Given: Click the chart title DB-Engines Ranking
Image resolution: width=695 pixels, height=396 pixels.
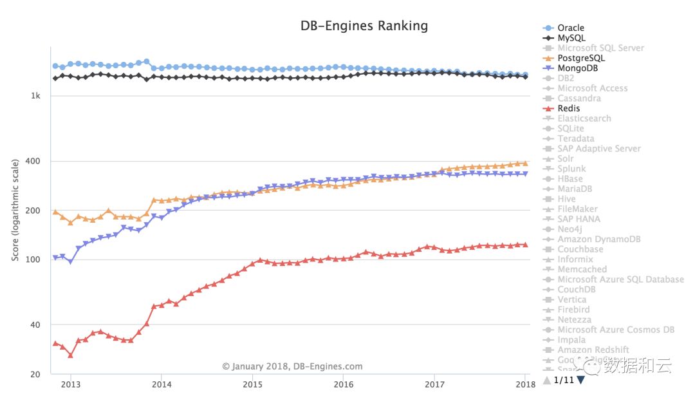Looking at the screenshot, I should click(x=364, y=26).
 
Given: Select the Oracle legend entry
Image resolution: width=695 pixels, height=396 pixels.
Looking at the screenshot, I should click(x=570, y=28).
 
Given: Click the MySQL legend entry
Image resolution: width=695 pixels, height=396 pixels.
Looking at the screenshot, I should click(x=571, y=38).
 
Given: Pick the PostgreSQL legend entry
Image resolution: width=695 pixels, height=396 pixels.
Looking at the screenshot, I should click(x=581, y=58).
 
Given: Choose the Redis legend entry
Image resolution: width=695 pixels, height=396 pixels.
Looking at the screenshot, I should click(x=568, y=108).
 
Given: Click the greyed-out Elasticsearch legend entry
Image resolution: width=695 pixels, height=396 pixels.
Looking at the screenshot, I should click(x=584, y=118).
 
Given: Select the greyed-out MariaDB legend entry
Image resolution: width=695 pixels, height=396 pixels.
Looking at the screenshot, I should click(x=575, y=189).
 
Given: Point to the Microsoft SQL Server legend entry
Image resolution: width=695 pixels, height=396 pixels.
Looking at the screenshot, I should click(x=600, y=48).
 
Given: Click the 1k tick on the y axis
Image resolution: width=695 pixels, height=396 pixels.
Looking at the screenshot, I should click(x=37, y=96).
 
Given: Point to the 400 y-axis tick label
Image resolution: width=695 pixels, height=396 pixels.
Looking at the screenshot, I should click(x=35, y=161).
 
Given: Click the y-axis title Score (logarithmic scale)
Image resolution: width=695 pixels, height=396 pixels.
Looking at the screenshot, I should click(x=15, y=210).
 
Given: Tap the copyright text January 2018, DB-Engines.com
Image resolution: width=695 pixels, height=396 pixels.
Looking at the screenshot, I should click(x=292, y=366).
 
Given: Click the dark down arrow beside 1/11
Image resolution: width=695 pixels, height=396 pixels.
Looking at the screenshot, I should click(x=581, y=380).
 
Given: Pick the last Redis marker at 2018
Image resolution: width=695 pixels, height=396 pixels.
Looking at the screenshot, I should click(x=525, y=245).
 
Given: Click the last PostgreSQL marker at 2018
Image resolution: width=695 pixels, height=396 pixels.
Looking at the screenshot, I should click(x=525, y=164).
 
